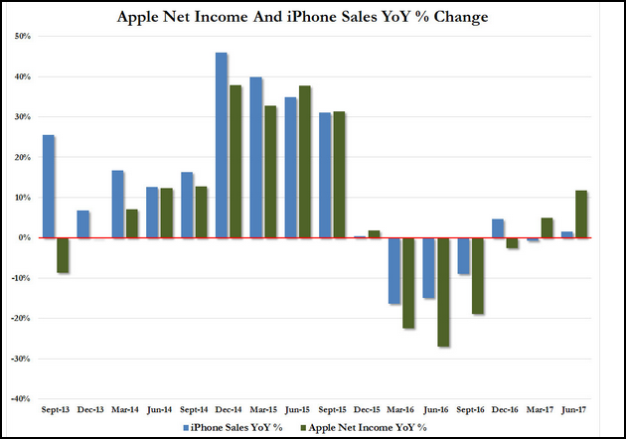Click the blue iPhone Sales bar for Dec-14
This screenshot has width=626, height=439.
pyautogui.click(x=223, y=145)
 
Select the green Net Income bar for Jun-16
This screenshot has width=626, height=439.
pyautogui.click(x=443, y=292)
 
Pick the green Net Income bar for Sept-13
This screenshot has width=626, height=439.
pyautogui.click(x=62, y=255)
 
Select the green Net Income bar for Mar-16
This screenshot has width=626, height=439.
pyautogui.click(x=408, y=283)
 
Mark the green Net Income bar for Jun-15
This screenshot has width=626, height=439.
pyautogui.click(x=305, y=162)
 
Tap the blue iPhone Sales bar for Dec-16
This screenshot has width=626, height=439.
pyautogui.click(x=499, y=228)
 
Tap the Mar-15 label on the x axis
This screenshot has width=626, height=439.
pyautogui.click(x=262, y=409)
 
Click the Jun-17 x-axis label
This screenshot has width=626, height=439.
pyautogui.click(x=574, y=409)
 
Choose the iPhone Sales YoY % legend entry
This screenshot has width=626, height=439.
pyautogui.click(x=235, y=426)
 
